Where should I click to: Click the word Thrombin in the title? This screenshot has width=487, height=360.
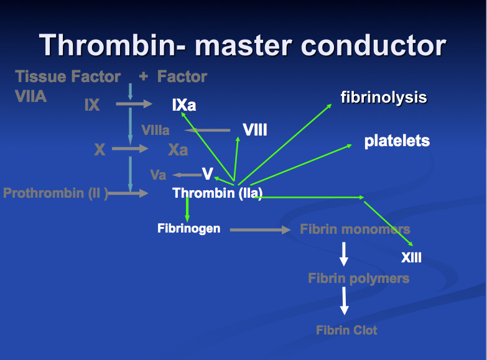(105, 45)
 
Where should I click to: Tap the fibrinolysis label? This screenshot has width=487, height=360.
(384, 97)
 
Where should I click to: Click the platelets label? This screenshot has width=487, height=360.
(397, 141)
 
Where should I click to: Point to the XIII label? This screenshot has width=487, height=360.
(411, 257)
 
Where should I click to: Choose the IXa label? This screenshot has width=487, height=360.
(184, 105)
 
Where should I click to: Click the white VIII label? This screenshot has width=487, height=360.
(255, 130)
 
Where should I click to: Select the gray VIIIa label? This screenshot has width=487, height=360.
(155, 131)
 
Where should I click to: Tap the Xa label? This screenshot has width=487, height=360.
(178, 150)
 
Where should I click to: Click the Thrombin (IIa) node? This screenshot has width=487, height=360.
(218, 193)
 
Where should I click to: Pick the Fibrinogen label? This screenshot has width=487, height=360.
(188, 229)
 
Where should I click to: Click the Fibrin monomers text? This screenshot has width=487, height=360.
(355, 229)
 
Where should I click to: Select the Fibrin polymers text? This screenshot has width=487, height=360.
(358, 278)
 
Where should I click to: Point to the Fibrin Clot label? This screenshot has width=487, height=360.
(346, 330)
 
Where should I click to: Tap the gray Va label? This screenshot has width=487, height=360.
(158, 175)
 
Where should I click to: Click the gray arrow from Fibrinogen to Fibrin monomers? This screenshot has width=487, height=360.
(260, 230)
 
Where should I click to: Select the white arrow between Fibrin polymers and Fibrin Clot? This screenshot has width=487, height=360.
(344, 301)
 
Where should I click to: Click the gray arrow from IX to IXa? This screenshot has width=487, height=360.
(134, 104)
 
